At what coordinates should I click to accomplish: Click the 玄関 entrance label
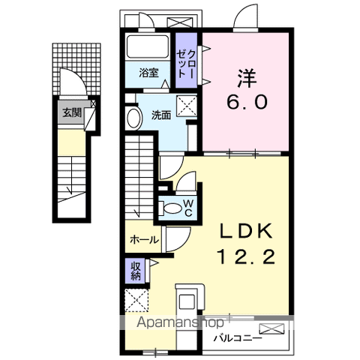click(x=72, y=112)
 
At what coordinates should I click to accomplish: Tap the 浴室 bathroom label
click(x=148, y=73)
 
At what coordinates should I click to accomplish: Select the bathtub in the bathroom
click(x=148, y=46)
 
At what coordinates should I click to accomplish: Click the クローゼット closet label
click(x=186, y=64)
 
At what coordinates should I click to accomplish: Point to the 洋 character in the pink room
click(x=247, y=79)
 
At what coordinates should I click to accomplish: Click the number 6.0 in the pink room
click(x=247, y=102)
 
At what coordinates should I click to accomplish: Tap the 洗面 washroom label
click(x=161, y=115)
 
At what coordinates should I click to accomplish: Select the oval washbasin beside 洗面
click(x=134, y=118)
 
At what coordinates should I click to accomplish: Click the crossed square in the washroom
click(x=187, y=106)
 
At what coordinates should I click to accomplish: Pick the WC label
click(x=188, y=208)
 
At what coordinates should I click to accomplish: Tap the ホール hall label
click(x=144, y=240)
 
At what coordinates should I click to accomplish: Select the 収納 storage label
click(x=136, y=271)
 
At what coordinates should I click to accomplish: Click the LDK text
click(x=246, y=231)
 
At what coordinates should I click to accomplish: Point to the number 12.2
click(x=247, y=256)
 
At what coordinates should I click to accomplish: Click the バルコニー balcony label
click(x=238, y=338)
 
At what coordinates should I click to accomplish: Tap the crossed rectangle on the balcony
click(x=271, y=328)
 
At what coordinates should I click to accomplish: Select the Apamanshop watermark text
click(x=180, y=322)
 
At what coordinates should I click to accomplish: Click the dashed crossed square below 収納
click(x=136, y=300)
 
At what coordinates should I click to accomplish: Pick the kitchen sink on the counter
click(x=187, y=301)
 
